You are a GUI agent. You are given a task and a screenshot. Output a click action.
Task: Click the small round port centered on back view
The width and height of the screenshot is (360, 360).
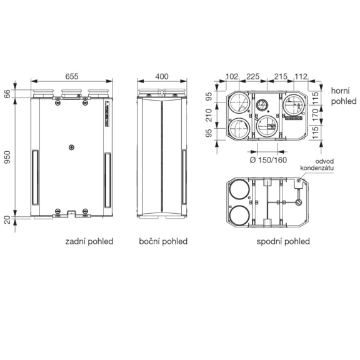point(71,148)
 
